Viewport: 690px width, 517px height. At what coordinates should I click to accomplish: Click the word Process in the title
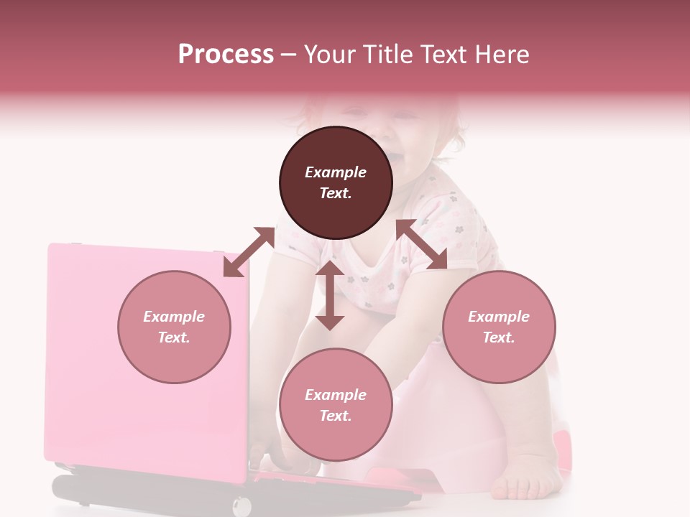226,54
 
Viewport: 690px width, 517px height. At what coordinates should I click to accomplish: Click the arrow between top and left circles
249,252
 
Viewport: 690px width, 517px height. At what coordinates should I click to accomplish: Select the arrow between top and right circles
422,244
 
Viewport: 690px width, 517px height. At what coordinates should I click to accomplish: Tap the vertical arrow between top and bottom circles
330,295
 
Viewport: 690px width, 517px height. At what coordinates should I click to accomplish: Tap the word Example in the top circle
336,172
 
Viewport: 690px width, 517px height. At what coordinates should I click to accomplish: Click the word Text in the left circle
174,337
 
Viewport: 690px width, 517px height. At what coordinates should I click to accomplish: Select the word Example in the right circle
499,317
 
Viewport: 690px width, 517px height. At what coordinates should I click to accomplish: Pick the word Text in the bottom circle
336,416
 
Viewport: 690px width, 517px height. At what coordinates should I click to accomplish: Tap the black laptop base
144,491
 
